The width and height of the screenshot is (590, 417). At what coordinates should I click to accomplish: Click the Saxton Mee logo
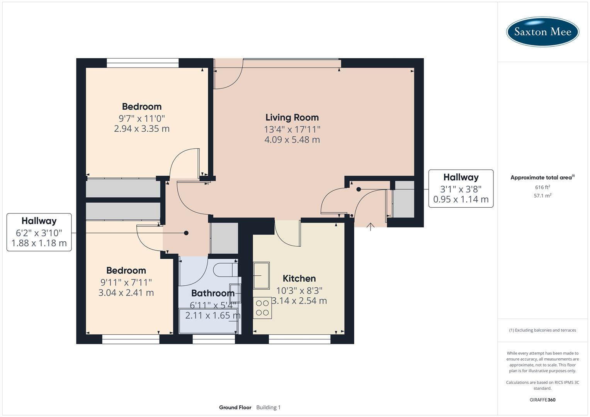pos(542,32)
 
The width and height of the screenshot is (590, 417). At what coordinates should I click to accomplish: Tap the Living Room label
pos(292,117)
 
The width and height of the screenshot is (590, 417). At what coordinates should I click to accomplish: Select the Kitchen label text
pos(299,278)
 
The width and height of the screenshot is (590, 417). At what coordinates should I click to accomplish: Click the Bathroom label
pos(213,293)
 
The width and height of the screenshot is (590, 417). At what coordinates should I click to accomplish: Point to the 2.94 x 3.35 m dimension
pos(142,129)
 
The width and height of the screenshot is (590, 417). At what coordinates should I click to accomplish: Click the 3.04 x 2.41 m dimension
pos(126,293)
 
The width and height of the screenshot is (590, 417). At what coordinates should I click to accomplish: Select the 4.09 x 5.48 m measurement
pos(292,140)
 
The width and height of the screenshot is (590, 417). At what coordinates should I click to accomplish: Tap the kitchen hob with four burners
pos(262,308)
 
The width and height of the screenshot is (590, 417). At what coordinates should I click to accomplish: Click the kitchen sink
pos(262,275)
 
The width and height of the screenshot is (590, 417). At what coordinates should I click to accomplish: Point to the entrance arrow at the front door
pos(371,227)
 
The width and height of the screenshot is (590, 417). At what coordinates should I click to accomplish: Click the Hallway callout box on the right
pos(461,188)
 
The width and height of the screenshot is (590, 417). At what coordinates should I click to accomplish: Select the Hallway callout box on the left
pos(39,232)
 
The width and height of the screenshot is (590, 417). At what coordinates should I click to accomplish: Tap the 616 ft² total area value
pos(542,187)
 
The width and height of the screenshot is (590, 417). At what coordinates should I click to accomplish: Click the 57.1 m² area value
pos(542,196)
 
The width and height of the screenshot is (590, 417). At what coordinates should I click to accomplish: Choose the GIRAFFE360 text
pos(542,400)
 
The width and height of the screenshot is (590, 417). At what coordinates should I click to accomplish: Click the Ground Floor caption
pos(235,407)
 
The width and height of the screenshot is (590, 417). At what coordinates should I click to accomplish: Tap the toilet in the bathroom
pos(225,270)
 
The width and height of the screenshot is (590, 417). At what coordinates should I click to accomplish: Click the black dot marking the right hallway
pos(359,189)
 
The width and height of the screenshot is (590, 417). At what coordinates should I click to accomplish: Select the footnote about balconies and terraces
pos(542,330)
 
